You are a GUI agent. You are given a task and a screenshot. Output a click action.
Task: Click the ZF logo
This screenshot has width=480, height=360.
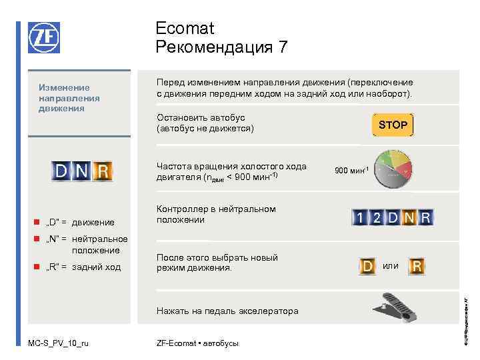(x=43, y=37)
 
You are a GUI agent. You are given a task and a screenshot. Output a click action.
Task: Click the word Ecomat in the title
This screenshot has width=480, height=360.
(x=185, y=29)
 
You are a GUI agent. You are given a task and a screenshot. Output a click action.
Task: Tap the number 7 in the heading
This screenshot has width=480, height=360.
(x=283, y=47)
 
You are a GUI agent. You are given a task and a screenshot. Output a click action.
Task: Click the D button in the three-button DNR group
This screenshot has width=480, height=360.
(x=61, y=172)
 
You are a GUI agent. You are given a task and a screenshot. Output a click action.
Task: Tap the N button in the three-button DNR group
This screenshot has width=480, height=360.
(x=82, y=172)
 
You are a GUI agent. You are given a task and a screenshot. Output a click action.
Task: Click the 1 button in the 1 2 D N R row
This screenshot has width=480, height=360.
(x=360, y=217)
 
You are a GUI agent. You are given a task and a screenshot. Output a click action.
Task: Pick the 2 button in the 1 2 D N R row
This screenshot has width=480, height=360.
(x=377, y=217)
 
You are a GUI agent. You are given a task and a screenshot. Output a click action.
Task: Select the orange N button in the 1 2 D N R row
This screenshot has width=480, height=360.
(x=409, y=217)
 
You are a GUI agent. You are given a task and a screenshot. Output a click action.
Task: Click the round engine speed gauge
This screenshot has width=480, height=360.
(x=393, y=169)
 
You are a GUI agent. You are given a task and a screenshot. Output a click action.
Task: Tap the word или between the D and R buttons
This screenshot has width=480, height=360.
(x=391, y=266)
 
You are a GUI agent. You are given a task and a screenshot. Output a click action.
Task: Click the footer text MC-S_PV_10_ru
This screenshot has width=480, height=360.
(x=58, y=343)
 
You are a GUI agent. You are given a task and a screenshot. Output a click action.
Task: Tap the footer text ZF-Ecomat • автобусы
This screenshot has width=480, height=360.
(x=197, y=343)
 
